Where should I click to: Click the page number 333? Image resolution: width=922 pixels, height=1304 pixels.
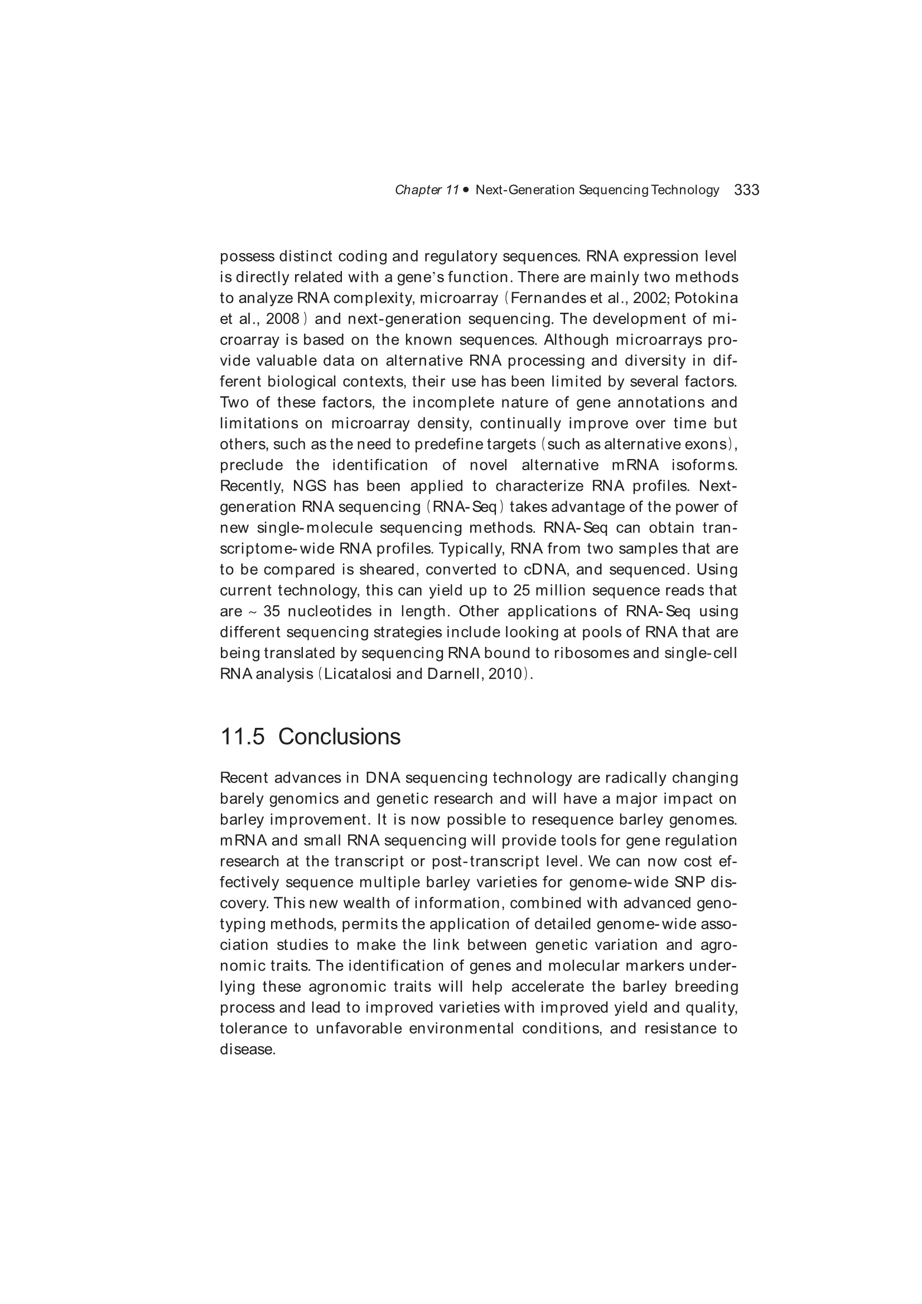point(746,190)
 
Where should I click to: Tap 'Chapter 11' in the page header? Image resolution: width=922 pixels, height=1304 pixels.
point(427,190)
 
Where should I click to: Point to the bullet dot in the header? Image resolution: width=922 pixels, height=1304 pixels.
point(466,190)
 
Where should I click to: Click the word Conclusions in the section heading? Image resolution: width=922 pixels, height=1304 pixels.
point(339,737)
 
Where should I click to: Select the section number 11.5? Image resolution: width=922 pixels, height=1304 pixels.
point(242,737)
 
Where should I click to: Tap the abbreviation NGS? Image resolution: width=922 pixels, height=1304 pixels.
point(309,486)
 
